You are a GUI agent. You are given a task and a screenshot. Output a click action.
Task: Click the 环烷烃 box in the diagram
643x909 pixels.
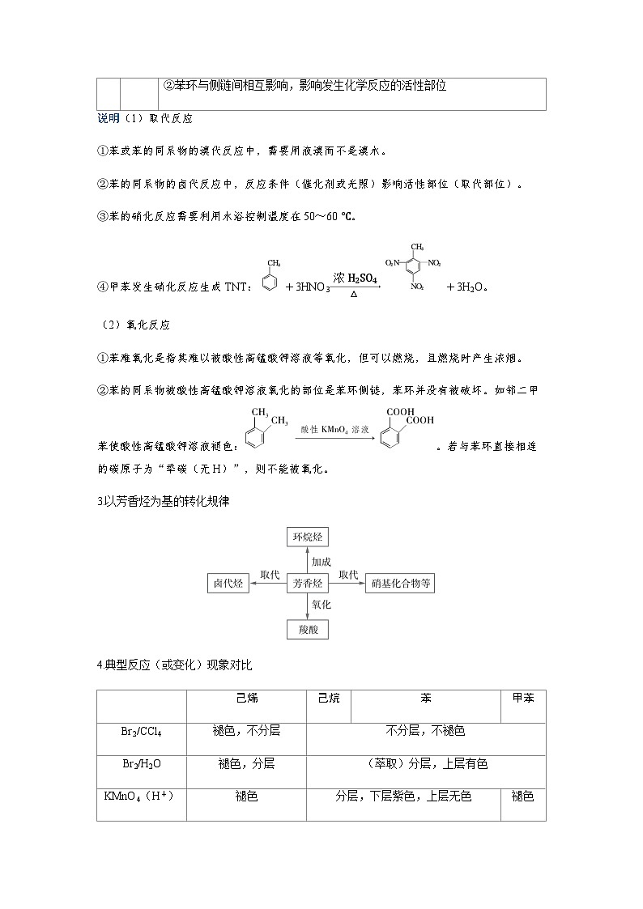pyautogui.click(x=308, y=537)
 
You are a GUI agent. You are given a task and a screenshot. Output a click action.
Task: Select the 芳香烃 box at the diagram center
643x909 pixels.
pyautogui.click(x=308, y=583)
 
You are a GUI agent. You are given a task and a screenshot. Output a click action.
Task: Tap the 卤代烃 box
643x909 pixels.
pyautogui.click(x=228, y=583)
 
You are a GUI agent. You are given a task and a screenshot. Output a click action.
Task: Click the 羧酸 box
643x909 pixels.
pyautogui.click(x=308, y=629)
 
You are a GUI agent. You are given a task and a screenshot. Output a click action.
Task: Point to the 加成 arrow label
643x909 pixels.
pyautogui.click(x=321, y=561)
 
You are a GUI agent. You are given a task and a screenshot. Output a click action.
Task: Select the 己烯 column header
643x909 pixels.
pyautogui.click(x=246, y=698)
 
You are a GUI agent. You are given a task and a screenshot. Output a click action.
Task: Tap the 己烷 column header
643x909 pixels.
pyautogui.click(x=329, y=698)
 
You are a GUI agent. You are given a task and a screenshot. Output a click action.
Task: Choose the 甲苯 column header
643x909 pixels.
pyautogui.click(x=523, y=698)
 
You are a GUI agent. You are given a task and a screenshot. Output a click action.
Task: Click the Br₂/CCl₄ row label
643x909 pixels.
pyautogui.click(x=141, y=732)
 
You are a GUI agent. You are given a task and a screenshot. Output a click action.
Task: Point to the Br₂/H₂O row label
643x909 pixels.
pyautogui.click(x=141, y=764)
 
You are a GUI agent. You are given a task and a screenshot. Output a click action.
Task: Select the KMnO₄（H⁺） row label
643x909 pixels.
pyautogui.click(x=141, y=796)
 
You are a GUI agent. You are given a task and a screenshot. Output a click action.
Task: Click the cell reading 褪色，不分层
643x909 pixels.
pyautogui.click(x=246, y=731)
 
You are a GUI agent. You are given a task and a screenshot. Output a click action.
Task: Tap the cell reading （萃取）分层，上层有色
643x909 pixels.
pyautogui.click(x=426, y=763)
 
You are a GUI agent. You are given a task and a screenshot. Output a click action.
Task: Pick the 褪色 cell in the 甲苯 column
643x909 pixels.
pyautogui.click(x=523, y=796)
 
